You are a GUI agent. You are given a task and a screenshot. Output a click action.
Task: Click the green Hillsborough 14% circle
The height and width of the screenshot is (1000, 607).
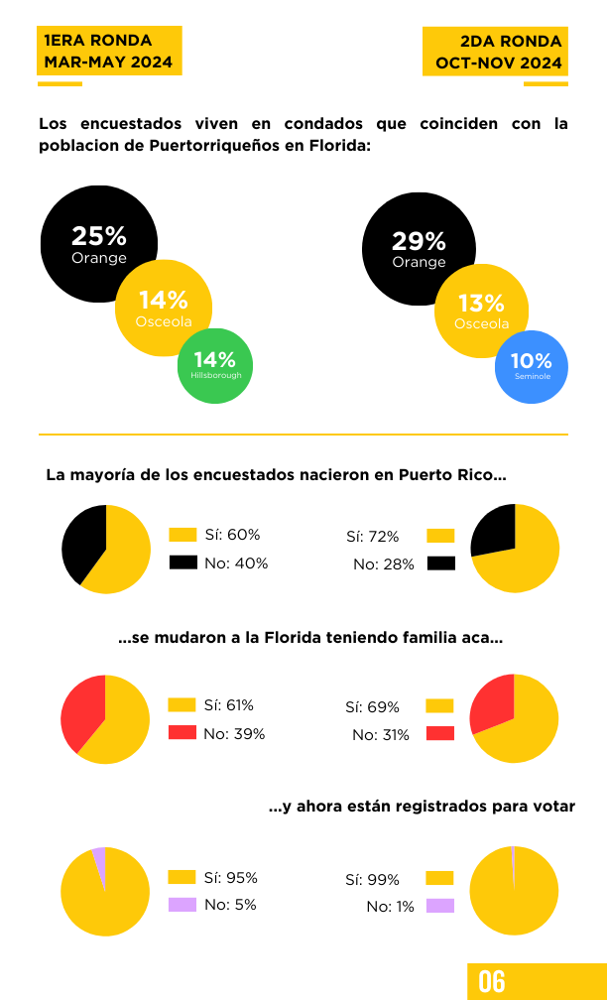[215, 366]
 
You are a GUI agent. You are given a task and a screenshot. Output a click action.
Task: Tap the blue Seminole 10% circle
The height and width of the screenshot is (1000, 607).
[532, 367]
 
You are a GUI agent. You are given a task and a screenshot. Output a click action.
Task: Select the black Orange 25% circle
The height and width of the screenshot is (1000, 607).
[89, 236]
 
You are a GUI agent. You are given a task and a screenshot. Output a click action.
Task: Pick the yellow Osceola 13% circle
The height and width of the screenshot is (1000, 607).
[481, 312]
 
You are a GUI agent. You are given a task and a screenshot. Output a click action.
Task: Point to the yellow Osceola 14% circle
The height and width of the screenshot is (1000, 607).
[164, 308]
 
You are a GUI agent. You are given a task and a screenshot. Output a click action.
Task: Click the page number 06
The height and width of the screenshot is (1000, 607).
[492, 982]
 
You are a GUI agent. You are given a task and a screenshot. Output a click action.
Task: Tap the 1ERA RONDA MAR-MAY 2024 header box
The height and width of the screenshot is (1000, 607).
[109, 51]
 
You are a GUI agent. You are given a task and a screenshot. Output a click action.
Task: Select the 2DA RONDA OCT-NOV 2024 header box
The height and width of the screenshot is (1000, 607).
[496, 51]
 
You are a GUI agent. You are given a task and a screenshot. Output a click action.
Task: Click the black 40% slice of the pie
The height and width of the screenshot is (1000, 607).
[81, 542]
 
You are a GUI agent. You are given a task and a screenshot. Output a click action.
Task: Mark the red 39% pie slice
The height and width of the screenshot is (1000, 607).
[81, 711]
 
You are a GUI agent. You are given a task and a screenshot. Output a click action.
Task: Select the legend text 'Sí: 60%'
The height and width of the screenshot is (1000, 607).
[232, 535]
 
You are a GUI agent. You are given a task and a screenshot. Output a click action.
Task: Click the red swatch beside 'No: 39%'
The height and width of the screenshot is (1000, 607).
[182, 732]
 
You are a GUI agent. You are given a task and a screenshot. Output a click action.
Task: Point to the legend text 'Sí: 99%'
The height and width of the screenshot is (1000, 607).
[372, 880]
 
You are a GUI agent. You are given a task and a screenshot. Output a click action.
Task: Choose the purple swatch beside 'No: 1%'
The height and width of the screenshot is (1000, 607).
[440, 906]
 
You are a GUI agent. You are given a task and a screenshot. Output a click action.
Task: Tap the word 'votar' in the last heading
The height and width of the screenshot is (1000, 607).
[553, 807]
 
